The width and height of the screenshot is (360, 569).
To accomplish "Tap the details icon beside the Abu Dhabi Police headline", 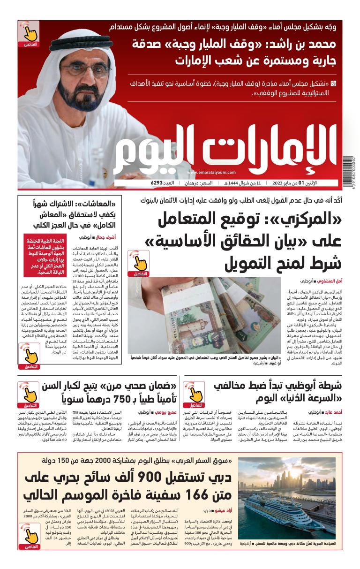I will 194,395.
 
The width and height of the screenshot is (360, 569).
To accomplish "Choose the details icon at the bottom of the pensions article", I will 30,356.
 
